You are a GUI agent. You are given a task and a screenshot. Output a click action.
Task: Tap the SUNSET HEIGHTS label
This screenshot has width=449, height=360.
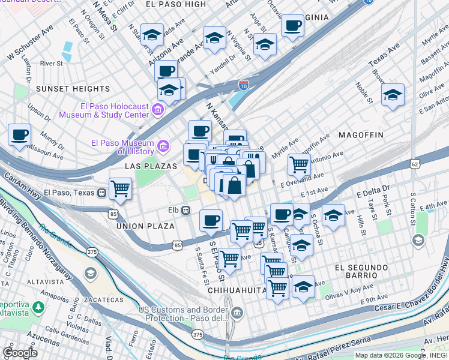tap(65, 89)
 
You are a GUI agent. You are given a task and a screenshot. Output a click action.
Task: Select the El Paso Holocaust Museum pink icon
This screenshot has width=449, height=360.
tap(158, 109)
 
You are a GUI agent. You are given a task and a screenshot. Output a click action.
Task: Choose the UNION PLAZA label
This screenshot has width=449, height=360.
tap(145, 226)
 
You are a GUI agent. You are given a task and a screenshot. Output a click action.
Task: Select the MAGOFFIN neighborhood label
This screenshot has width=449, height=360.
tap(360, 136)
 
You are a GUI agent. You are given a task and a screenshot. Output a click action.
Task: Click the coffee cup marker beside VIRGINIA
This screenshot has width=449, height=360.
tap(292, 26)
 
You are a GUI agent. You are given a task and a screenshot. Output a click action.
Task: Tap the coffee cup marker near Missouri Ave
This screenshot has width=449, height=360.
tap(20, 134)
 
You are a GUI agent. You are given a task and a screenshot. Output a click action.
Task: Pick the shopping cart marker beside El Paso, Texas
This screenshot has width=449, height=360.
tap(120, 188)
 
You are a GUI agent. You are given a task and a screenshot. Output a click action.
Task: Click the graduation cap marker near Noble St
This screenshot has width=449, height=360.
tap(393, 95)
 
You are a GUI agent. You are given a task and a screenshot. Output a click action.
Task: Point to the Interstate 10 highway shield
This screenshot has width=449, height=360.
tap(243, 86)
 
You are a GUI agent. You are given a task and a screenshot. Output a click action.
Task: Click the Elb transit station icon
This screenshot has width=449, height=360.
tap(187, 210)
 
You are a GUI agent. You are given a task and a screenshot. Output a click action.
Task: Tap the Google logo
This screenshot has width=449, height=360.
tap(20, 352)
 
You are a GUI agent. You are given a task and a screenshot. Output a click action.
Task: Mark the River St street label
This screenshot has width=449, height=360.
tap(52, 63)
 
